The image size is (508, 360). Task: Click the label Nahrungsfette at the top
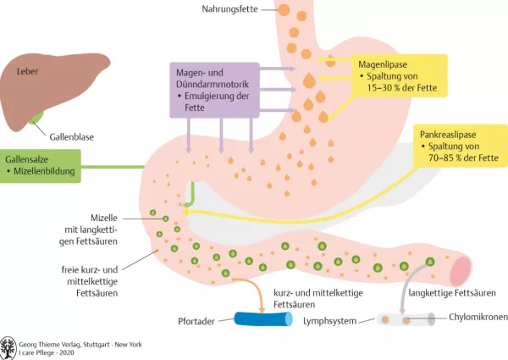coord(230,9)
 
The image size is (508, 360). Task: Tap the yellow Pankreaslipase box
coord(456,146)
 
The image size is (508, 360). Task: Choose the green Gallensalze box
coord(40,166)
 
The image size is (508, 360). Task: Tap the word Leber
coord(28,72)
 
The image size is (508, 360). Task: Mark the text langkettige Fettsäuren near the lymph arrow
coord(450,293)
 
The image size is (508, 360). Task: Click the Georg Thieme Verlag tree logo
coord(9,346)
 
